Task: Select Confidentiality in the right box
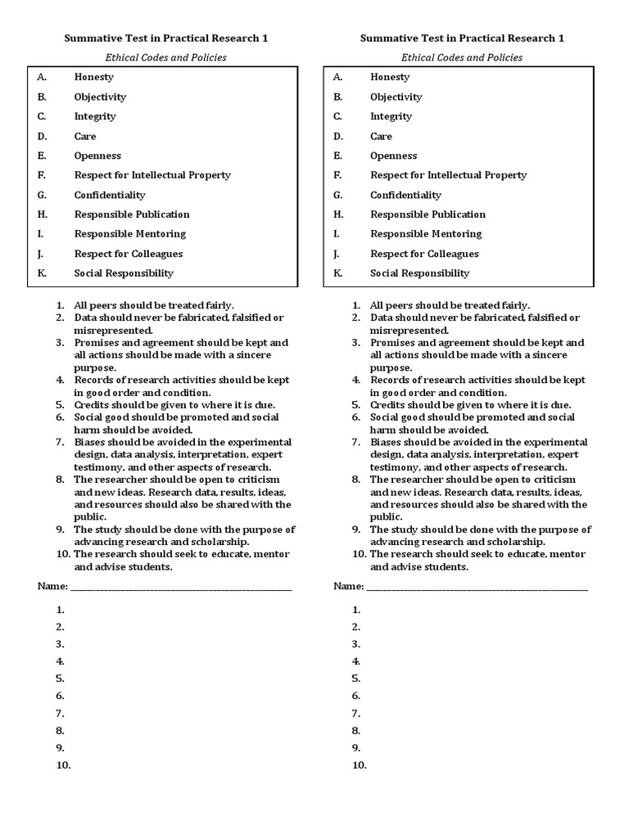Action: [x=405, y=195]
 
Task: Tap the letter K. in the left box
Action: [x=42, y=273]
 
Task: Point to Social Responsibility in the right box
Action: [x=419, y=273]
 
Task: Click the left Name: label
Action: [x=52, y=586]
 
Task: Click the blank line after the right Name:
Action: [x=477, y=588]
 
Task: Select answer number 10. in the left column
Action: [x=63, y=765]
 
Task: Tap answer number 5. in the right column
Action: [x=356, y=678]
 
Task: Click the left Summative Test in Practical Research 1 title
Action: [x=166, y=38]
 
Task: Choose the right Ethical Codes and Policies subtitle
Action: [x=462, y=57]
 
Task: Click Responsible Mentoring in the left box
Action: [x=129, y=234]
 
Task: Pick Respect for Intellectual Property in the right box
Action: [x=448, y=175]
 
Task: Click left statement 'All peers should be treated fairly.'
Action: [x=154, y=305]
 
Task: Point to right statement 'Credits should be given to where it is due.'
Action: [x=470, y=405]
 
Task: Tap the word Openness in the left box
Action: [x=97, y=155]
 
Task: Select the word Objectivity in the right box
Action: [x=396, y=97]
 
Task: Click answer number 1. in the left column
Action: [x=61, y=610]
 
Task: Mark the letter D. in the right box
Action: [x=337, y=136]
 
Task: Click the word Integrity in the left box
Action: [x=95, y=116]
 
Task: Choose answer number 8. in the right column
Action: [x=356, y=731]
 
